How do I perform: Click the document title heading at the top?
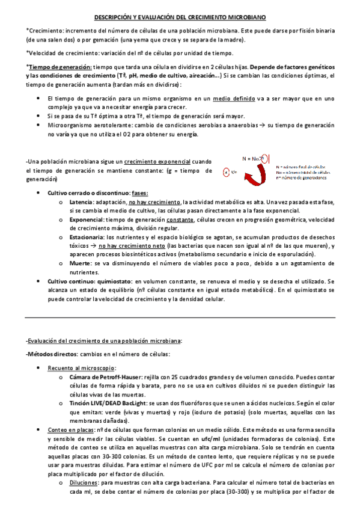[180, 19]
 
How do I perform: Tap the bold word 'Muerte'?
[78, 263]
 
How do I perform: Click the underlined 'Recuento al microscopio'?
[82, 367]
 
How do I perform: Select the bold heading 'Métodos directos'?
[52, 353]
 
